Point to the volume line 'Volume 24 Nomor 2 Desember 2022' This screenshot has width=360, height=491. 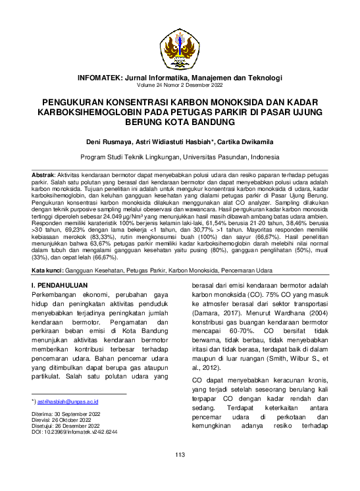pos(180,86)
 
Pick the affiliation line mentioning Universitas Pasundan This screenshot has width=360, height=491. pos(180,157)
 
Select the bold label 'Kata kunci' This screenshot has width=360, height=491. pos(48,271)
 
